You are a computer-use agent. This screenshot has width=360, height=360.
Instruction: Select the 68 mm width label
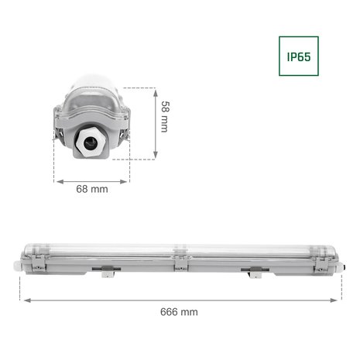[92, 188]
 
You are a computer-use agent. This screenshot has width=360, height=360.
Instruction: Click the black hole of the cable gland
[92, 142]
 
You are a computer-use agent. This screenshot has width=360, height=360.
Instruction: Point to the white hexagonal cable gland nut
[92, 142]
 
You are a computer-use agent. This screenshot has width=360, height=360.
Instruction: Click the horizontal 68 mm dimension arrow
[92, 176]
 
